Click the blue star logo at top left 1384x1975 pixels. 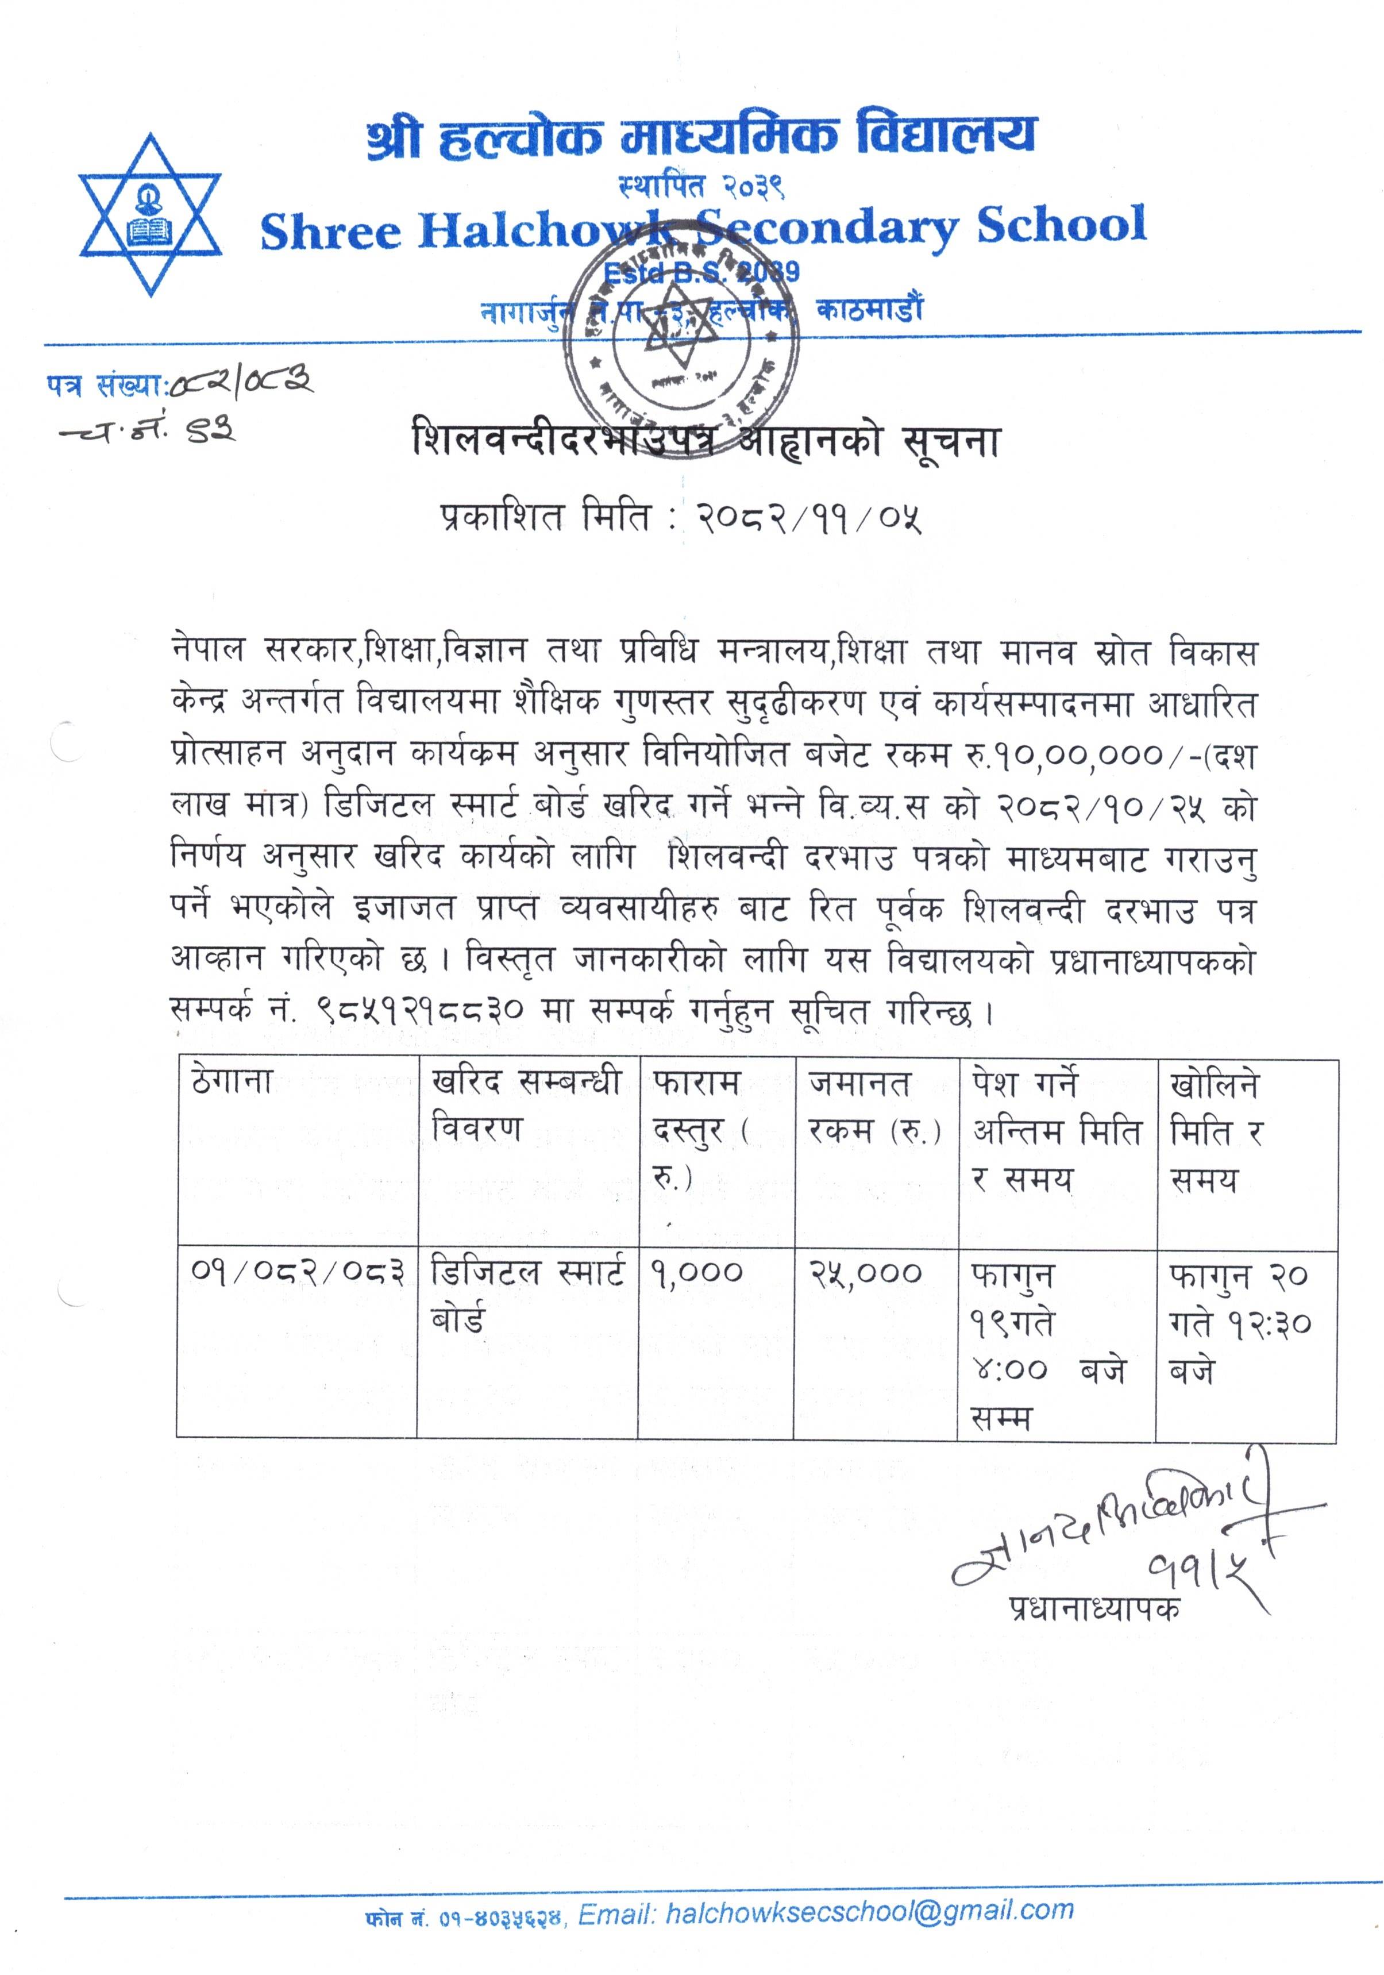[150, 214]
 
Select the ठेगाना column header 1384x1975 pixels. [232, 1081]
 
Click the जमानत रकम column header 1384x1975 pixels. [874, 1106]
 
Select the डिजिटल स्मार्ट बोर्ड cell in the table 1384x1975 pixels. [526, 1295]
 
